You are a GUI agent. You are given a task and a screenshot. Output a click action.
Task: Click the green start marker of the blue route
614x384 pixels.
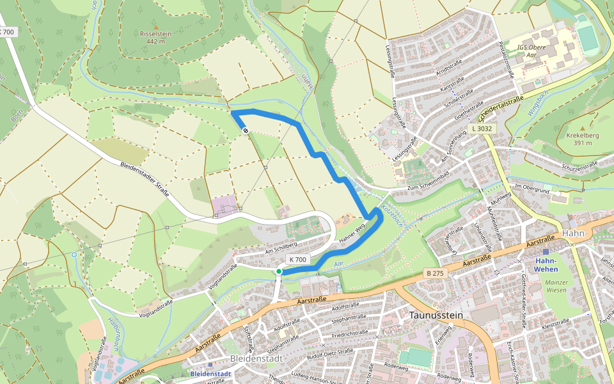point(279,272)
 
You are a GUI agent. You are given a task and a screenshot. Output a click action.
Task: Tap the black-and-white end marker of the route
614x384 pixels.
point(246,131)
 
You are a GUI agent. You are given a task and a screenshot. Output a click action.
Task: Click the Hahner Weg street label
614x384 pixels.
point(351,233)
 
